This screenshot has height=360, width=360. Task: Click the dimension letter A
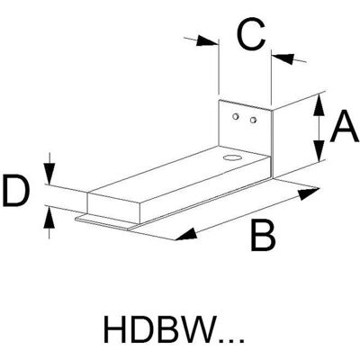[344, 126]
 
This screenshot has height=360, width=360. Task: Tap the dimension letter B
[263, 236]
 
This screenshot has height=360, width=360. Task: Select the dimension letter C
[251, 34]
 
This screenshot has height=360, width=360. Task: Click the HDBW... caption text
[174, 328]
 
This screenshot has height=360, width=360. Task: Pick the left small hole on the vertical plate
[236, 116]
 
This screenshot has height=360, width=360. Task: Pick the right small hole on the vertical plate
[253, 120]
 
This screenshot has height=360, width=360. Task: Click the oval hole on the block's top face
[231, 157]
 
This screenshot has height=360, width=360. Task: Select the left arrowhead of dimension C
[207, 41]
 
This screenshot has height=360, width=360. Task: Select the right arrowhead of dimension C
[283, 58]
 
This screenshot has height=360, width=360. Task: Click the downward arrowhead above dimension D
[49, 173]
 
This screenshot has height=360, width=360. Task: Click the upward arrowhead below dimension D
[49, 217]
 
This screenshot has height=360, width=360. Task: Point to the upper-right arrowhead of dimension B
[308, 193]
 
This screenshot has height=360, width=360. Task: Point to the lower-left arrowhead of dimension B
[185, 234]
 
